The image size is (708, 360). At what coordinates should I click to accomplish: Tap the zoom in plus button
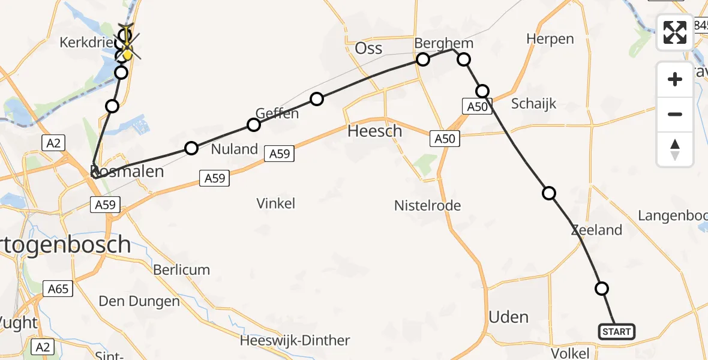(675, 79)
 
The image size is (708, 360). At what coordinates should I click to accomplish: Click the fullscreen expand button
(675, 32)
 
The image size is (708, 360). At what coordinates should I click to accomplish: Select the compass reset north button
(675, 149)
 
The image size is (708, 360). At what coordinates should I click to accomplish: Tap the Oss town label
(368, 48)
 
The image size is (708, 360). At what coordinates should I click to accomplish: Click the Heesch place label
(375, 130)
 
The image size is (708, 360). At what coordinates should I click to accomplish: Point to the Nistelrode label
(427, 206)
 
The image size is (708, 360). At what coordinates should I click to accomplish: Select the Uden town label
(509, 317)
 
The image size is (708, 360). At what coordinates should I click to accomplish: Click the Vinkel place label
(276, 203)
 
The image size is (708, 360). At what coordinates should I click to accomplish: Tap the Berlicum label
(182, 269)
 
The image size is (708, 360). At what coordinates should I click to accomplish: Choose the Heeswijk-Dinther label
(295, 340)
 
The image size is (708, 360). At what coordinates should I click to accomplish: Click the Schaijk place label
(533, 104)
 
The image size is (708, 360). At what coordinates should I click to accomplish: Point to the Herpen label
(550, 39)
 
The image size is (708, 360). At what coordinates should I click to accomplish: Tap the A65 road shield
(58, 289)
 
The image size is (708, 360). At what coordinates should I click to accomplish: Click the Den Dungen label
(139, 301)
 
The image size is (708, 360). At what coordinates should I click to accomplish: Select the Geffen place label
(277, 113)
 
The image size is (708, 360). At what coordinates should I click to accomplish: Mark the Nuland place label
(235, 149)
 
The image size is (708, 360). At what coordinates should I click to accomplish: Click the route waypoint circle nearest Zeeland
(548, 193)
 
